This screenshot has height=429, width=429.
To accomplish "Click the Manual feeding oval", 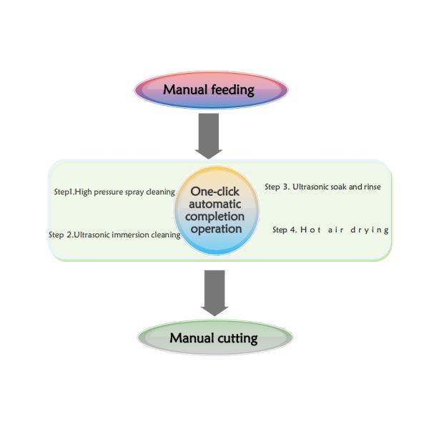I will pyautogui.click(x=212, y=89).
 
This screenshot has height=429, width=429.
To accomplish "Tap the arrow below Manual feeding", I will pyautogui.click(x=209, y=135).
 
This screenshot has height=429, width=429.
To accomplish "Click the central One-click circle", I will pyautogui.click(x=216, y=210).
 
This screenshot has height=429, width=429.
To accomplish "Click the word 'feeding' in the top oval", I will pyautogui.click(x=233, y=90).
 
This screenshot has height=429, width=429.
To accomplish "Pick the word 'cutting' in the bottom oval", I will pyautogui.click(x=235, y=338).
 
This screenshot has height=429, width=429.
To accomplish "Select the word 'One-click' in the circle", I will pyautogui.click(x=215, y=192).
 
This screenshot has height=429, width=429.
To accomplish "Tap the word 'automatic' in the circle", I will pyautogui.click(x=216, y=204).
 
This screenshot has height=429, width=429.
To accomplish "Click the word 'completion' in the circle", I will pyautogui.click(x=216, y=216).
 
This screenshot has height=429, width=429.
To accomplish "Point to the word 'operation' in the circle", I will pyautogui.click(x=216, y=229).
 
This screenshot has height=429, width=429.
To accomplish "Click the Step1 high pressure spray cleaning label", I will pyautogui.click(x=114, y=192).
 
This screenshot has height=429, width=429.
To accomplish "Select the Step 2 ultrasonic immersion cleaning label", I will pyautogui.click(x=114, y=235).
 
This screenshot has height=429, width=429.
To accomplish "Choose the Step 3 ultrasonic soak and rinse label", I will pyautogui.click(x=322, y=187).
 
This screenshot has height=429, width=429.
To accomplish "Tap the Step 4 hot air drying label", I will pyautogui.click(x=330, y=230).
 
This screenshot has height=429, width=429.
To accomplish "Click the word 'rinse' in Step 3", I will pyautogui.click(x=370, y=187).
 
